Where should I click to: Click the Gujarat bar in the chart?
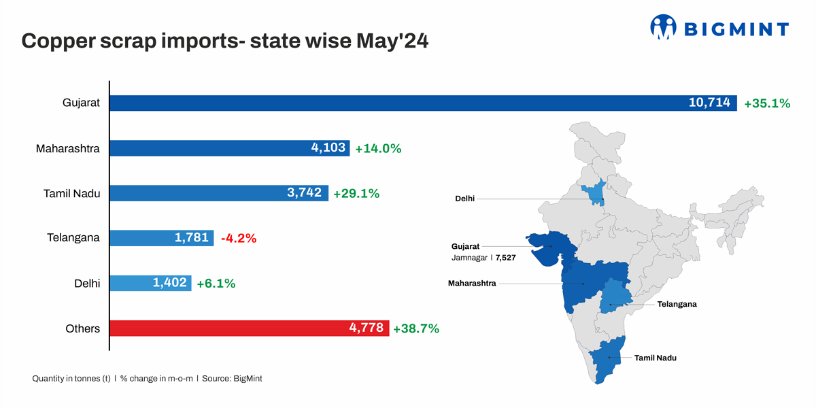[x=422, y=103]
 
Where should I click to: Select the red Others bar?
[x=249, y=328]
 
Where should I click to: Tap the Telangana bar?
[x=162, y=238]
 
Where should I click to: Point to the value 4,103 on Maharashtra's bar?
[x=329, y=148]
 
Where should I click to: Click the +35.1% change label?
[x=766, y=103]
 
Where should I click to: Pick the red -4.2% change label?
[x=238, y=238]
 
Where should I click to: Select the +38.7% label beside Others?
[x=415, y=328]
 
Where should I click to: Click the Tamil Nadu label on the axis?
[x=71, y=193]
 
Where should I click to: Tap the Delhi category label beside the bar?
[x=87, y=284]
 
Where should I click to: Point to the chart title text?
[x=224, y=41]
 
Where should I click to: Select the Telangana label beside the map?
[x=677, y=304]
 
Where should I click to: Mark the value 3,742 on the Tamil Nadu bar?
[x=305, y=193]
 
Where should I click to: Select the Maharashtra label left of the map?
[x=471, y=283]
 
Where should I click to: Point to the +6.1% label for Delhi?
[x=216, y=284]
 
